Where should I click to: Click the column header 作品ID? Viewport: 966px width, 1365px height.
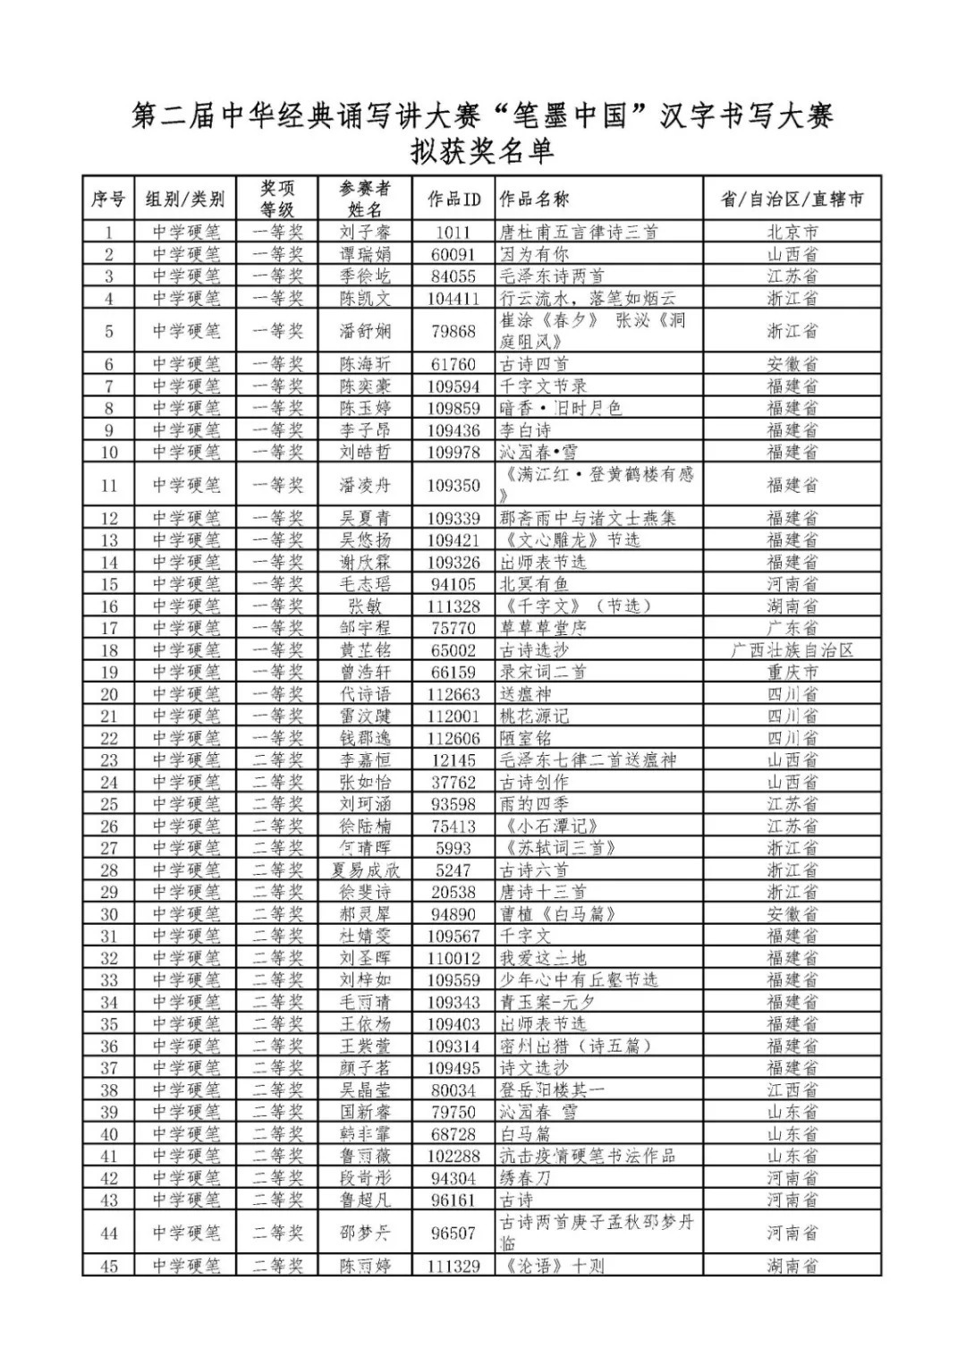[x=453, y=199]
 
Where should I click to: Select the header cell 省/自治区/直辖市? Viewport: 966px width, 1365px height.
[x=792, y=199]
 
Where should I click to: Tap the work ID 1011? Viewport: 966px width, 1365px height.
[x=453, y=233]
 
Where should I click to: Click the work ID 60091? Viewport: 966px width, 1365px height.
[x=453, y=254]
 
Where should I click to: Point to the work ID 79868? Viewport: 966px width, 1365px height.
[x=453, y=331]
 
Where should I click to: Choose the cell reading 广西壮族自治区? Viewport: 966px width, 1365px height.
[x=792, y=650]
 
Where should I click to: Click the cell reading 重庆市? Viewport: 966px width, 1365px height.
[x=792, y=673]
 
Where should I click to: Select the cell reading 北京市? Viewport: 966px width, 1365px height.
[x=792, y=233]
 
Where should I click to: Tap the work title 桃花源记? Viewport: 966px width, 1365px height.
[x=534, y=716]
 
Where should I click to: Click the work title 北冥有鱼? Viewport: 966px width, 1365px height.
[x=534, y=584]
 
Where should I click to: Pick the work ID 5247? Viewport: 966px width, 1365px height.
[x=453, y=870]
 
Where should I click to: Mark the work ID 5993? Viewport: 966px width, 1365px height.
[x=453, y=848]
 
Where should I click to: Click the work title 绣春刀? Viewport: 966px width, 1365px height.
[x=526, y=1178]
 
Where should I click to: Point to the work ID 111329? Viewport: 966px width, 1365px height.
[x=453, y=1266]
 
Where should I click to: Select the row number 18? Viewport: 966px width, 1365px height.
[x=109, y=650]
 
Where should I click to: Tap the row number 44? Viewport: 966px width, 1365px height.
[x=109, y=1234]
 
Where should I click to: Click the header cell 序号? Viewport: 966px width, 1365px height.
[x=109, y=199]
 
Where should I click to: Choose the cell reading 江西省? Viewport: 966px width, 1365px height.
[x=792, y=1090]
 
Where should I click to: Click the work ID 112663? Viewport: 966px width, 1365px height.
[x=453, y=694]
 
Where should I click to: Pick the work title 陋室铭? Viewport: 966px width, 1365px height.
[x=526, y=738]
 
